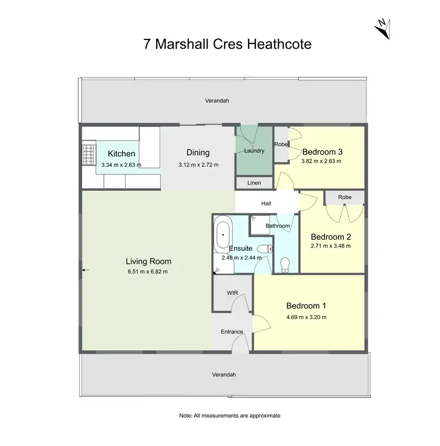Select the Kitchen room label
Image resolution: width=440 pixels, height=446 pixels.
[121, 154]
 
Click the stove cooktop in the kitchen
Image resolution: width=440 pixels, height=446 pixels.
[88, 156]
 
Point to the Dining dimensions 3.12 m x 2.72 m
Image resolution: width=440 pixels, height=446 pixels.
[198, 165]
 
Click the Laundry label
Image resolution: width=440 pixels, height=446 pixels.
[254, 151]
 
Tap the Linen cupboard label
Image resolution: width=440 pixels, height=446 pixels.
[254, 183]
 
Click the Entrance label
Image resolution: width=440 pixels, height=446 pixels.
[232, 332]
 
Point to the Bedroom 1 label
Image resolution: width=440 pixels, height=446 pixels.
[306, 306]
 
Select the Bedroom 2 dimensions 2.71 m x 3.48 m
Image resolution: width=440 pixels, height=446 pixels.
[330, 246]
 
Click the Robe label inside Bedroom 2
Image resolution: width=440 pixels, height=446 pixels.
[344, 197]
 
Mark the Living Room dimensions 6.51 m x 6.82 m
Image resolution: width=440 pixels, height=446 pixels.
[148, 271]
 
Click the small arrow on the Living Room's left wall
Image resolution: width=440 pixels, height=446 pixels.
[85, 270]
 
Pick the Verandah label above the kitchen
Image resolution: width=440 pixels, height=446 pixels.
[216, 100]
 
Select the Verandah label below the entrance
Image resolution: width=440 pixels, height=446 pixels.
[224, 374]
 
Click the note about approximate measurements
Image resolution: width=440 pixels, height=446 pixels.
[229, 415]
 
